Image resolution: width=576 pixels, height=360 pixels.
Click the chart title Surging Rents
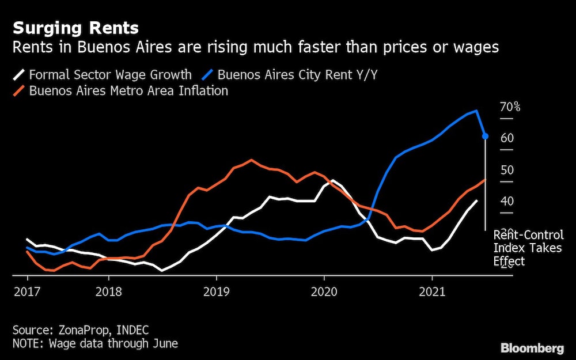75,28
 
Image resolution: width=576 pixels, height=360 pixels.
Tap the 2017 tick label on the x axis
27,292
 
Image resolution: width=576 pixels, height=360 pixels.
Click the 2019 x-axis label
216,292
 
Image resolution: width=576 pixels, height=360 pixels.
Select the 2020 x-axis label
324,292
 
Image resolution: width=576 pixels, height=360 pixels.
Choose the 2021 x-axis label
432,292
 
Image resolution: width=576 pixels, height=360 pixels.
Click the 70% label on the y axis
510,107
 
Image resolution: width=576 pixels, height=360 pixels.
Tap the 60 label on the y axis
507,138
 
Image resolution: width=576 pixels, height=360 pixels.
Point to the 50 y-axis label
507,170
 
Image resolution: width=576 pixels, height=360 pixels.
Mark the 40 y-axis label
507,201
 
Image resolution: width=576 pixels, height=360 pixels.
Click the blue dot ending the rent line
485,136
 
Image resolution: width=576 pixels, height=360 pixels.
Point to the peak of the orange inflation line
252,160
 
